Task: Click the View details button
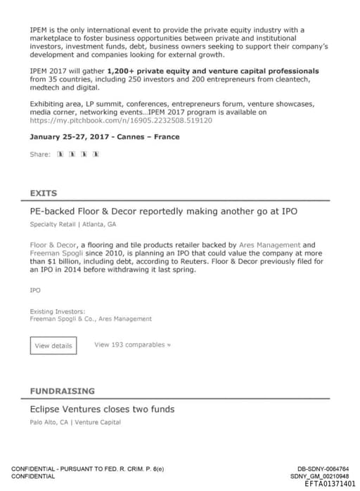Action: [x=53, y=346]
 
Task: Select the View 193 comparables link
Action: [x=132, y=345]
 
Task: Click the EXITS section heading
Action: [x=44, y=193]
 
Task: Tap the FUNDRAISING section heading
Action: [x=62, y=391]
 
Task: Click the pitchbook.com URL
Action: [x=121, y=121]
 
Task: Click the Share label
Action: [x=40, y=154]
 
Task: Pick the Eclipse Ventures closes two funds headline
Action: [x=102, y=409]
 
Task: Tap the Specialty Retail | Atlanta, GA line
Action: [x=73, y=225]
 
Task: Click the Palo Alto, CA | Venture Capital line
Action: [x=75, y=422]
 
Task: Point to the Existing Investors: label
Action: [x=58, y=311]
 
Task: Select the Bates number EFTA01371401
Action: [x=330, y=483]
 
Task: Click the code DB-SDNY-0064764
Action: [x=323, y=469]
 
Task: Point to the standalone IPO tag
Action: [x=35, y=290]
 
